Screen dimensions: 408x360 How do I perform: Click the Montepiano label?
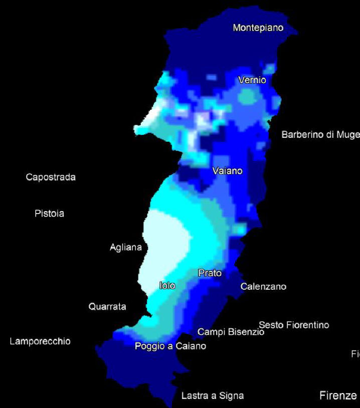point(258,28)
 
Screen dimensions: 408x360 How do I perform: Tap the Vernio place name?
point(252,80)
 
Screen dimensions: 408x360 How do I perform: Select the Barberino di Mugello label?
point(320,134)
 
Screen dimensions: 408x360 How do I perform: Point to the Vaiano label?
point(227,171)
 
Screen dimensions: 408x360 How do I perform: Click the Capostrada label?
point(51,177)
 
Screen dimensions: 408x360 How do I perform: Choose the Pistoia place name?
point(50,214)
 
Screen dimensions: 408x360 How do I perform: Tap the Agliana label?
point(126,247)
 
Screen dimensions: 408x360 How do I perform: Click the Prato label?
point(210,273)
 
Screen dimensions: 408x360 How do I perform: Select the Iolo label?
point(167,286)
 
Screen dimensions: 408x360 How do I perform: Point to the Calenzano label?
point(263,287)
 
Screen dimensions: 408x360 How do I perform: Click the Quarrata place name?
point(107,306)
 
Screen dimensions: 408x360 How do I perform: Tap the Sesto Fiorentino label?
point(294,325)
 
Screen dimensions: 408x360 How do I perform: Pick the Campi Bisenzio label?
point(231,332)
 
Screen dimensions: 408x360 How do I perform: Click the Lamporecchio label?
point(40,341)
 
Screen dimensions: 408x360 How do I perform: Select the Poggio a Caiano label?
point(170,346)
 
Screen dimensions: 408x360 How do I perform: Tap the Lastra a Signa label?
point(213,396)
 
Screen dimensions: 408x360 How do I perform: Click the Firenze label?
point(338,396)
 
